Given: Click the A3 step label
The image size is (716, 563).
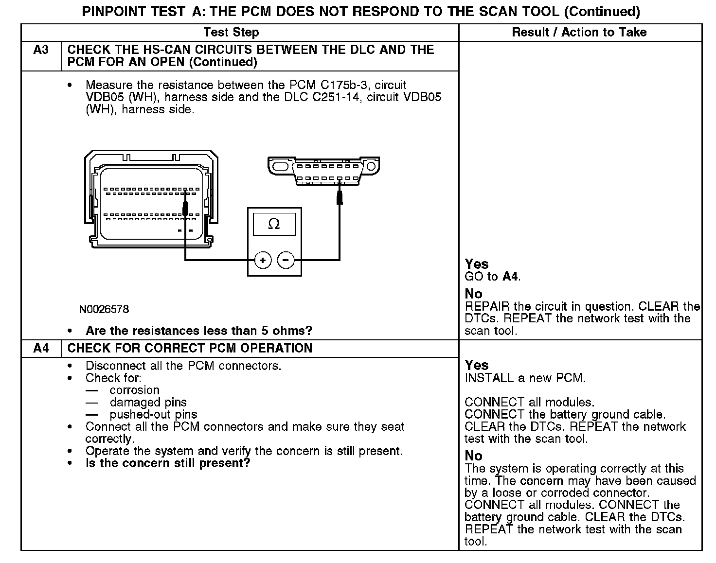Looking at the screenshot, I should [x=41, y=50].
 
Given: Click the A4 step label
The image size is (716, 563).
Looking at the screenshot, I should [x=41, y=348].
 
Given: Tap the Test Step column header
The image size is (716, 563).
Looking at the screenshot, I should [x=231, y=32].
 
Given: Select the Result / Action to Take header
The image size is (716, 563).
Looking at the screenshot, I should [x=579, y=32].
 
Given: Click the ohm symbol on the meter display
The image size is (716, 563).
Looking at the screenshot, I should [x=274, y=224].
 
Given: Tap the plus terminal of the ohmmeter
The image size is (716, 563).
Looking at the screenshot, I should [x=263, y=261].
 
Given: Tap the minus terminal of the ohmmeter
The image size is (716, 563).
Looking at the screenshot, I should [x=286, y=261].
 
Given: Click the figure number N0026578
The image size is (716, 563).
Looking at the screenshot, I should [x=105, y=309].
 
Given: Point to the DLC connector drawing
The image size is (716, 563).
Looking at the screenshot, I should [x=323, y=170].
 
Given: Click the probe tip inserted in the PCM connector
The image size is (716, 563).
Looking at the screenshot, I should [x=185, y=209].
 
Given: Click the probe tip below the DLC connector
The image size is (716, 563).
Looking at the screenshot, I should [x=340, y=197].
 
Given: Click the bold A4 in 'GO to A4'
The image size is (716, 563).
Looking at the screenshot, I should [x=510, y=277].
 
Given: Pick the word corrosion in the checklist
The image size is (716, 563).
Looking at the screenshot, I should [x=134, y=390].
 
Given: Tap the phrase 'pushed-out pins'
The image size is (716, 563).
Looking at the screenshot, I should [x=153, y=414].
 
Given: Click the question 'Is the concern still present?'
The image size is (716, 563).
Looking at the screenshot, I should [x=168, y=463].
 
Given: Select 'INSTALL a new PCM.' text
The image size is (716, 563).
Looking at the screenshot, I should [x=525, y=378].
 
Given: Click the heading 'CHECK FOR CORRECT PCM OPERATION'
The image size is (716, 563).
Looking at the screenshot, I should [x=190, y=348].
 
